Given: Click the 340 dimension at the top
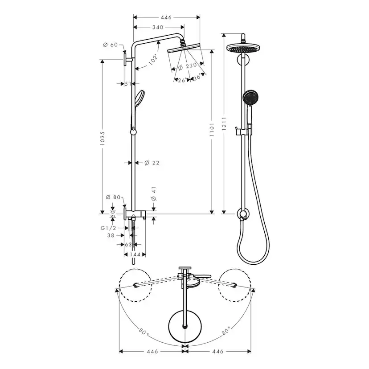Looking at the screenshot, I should click(157, 28).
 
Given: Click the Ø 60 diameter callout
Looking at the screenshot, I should click(110, 45).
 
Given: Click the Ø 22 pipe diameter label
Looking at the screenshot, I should click(152, 163).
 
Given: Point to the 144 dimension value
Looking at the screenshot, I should click(135, 254).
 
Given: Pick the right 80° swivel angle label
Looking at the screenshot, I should click(226, 331).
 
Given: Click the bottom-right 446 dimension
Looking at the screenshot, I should click(218, 352).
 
